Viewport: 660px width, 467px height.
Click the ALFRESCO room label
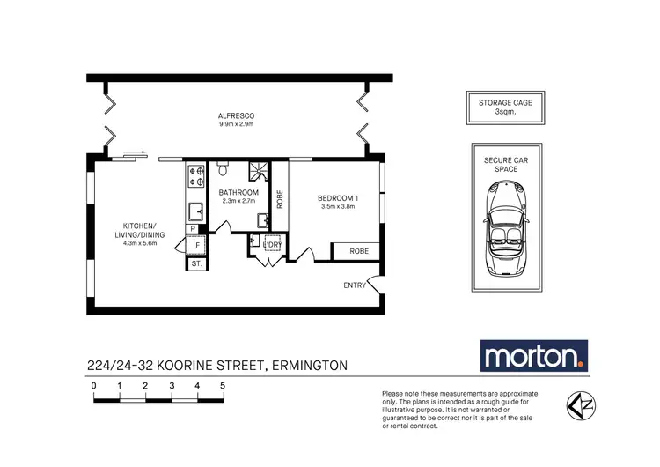point(236,116)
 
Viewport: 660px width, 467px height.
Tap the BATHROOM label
point(238,192)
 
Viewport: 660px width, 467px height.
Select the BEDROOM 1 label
point(339,198)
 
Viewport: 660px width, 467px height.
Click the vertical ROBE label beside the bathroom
point(280,199)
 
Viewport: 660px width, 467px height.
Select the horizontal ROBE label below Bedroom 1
point(358,251)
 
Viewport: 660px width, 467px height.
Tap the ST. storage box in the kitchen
point(196,263)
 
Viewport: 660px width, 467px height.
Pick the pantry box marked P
point(192,229)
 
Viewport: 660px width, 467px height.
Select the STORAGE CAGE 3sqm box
point(504,107)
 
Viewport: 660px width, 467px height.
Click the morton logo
point(533,357)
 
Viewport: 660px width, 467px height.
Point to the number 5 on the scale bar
point(224,386)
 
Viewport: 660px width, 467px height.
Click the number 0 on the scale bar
point(93,386)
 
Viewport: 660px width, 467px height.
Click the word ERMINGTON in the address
point(302,365)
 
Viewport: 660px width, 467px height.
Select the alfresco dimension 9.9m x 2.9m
point(236,125)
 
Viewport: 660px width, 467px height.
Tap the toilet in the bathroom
point(221,167)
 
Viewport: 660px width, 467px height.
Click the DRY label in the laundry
point(275,244)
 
